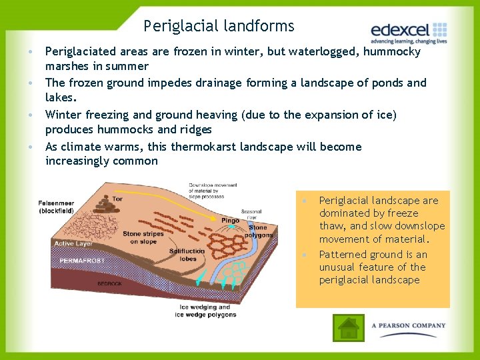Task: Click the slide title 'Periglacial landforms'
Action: (x=219, y=27)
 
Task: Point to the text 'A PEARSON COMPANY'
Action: (x=409, y=326)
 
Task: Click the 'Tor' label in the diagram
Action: (x=117, y=199)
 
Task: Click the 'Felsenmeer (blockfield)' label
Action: (x=56, y=207)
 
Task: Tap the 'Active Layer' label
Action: (x=73, y=244)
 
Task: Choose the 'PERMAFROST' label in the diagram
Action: (x=81, y=261)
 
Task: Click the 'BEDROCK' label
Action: (x=91, y=283)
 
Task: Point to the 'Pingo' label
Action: (x=230, y=220)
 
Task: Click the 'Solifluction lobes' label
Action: (x=187, y=255)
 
